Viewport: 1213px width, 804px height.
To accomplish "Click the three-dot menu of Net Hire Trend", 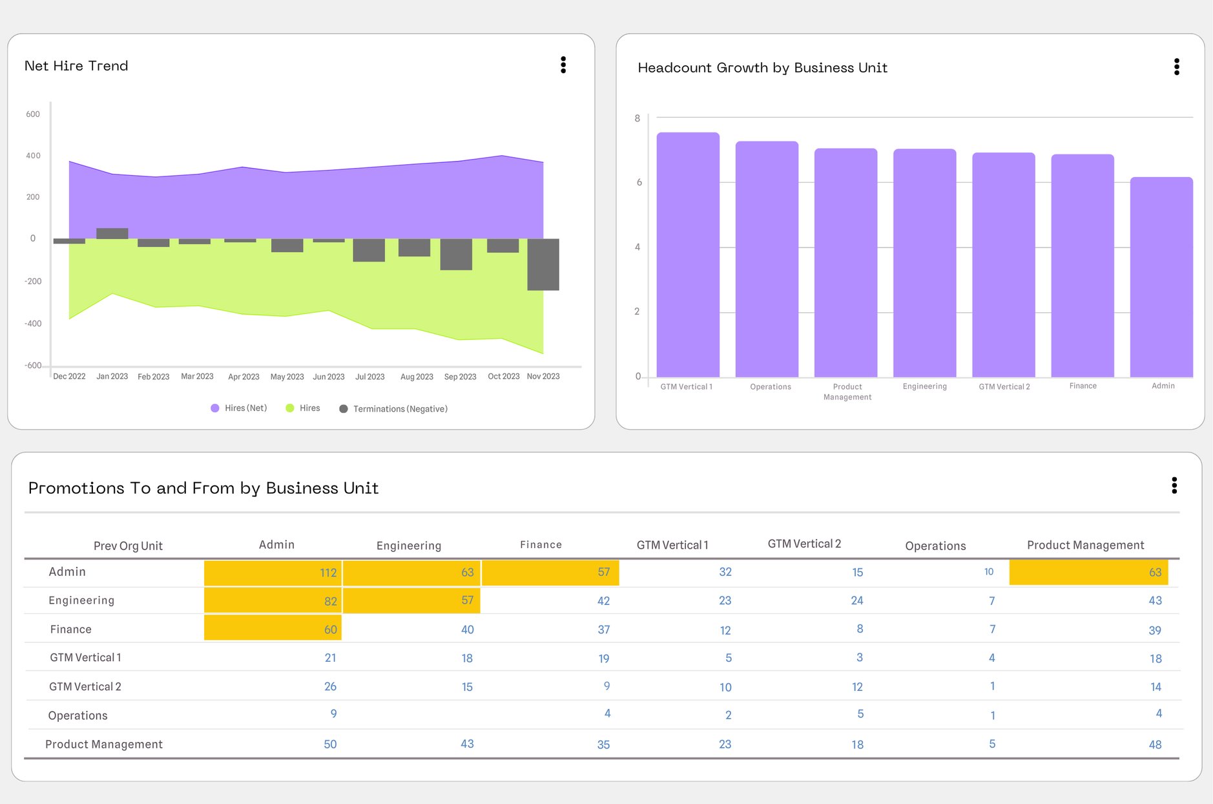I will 563,65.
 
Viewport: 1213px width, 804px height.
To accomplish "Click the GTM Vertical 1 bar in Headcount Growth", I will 687,255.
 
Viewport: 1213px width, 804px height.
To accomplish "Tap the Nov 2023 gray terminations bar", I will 543,264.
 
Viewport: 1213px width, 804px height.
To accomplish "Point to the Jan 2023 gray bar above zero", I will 112,233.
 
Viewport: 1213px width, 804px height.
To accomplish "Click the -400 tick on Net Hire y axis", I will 33,323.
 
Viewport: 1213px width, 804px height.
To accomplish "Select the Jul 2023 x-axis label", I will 369,376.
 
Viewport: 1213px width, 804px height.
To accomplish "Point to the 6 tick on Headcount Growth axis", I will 639,182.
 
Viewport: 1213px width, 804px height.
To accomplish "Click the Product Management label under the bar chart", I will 847,392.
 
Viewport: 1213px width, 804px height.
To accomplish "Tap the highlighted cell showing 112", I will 273,573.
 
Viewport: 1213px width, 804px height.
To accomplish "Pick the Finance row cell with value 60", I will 273,628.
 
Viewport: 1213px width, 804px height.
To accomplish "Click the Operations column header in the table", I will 935,545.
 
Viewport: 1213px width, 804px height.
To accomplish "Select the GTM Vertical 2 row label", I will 85,686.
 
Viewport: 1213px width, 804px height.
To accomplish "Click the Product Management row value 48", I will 1154,745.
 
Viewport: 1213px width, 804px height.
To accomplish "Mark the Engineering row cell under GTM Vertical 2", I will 856,600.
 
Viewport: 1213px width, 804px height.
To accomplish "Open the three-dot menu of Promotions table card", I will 1174,485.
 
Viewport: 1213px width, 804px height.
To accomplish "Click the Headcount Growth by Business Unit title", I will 762,68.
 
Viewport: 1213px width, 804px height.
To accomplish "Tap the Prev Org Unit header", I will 128,545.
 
